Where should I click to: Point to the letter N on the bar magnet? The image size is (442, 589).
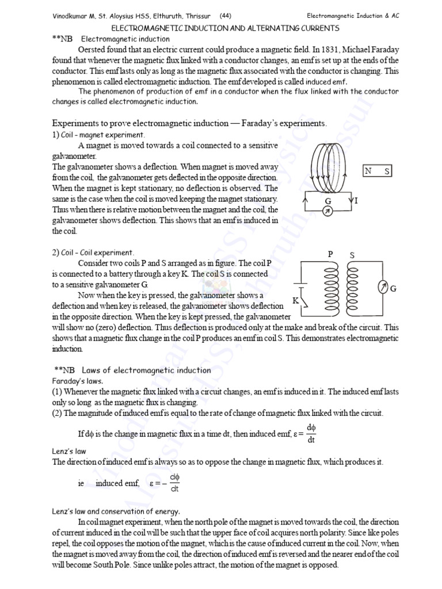[369, 171]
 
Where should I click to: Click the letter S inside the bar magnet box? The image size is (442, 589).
[387, 171]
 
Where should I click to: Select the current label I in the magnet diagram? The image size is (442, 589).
[356, 200]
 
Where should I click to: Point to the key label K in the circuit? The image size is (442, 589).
[295, 300]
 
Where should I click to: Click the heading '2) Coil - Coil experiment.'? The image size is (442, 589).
[93, 253]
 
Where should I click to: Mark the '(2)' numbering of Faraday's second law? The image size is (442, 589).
[58, 414]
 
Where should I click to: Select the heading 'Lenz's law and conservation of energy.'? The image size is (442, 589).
[116, 511]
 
